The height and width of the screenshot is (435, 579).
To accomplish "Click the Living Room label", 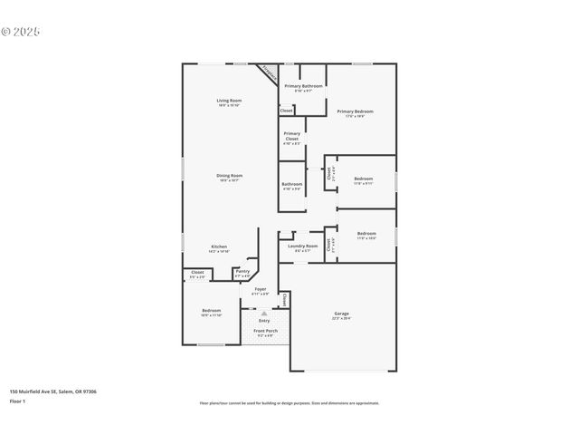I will point(229,100).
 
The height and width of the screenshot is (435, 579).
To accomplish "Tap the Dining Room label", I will point(229,176).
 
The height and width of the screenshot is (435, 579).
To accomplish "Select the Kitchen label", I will point(219,246).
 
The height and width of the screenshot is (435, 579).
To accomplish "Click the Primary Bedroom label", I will point(355,111).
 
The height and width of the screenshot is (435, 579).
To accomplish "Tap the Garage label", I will point(341,314).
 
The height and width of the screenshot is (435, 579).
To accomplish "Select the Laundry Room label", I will point(302,246).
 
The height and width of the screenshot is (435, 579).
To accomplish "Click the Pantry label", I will point(242,271).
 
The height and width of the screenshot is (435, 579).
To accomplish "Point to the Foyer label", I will point(260,290).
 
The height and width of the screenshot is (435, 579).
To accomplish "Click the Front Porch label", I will point(265,331).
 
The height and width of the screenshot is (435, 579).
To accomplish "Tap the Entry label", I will point(264,320).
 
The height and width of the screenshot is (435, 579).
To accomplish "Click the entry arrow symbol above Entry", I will point(264,313).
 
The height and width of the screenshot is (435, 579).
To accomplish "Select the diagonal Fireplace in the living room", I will point(268,72).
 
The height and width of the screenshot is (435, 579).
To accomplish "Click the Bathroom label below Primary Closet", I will point(291,184).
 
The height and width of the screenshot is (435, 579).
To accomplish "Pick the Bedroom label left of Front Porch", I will point(211,311).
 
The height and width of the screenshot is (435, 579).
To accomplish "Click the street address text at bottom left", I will point(53,391).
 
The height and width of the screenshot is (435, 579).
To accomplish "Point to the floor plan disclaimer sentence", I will point(289,403).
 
